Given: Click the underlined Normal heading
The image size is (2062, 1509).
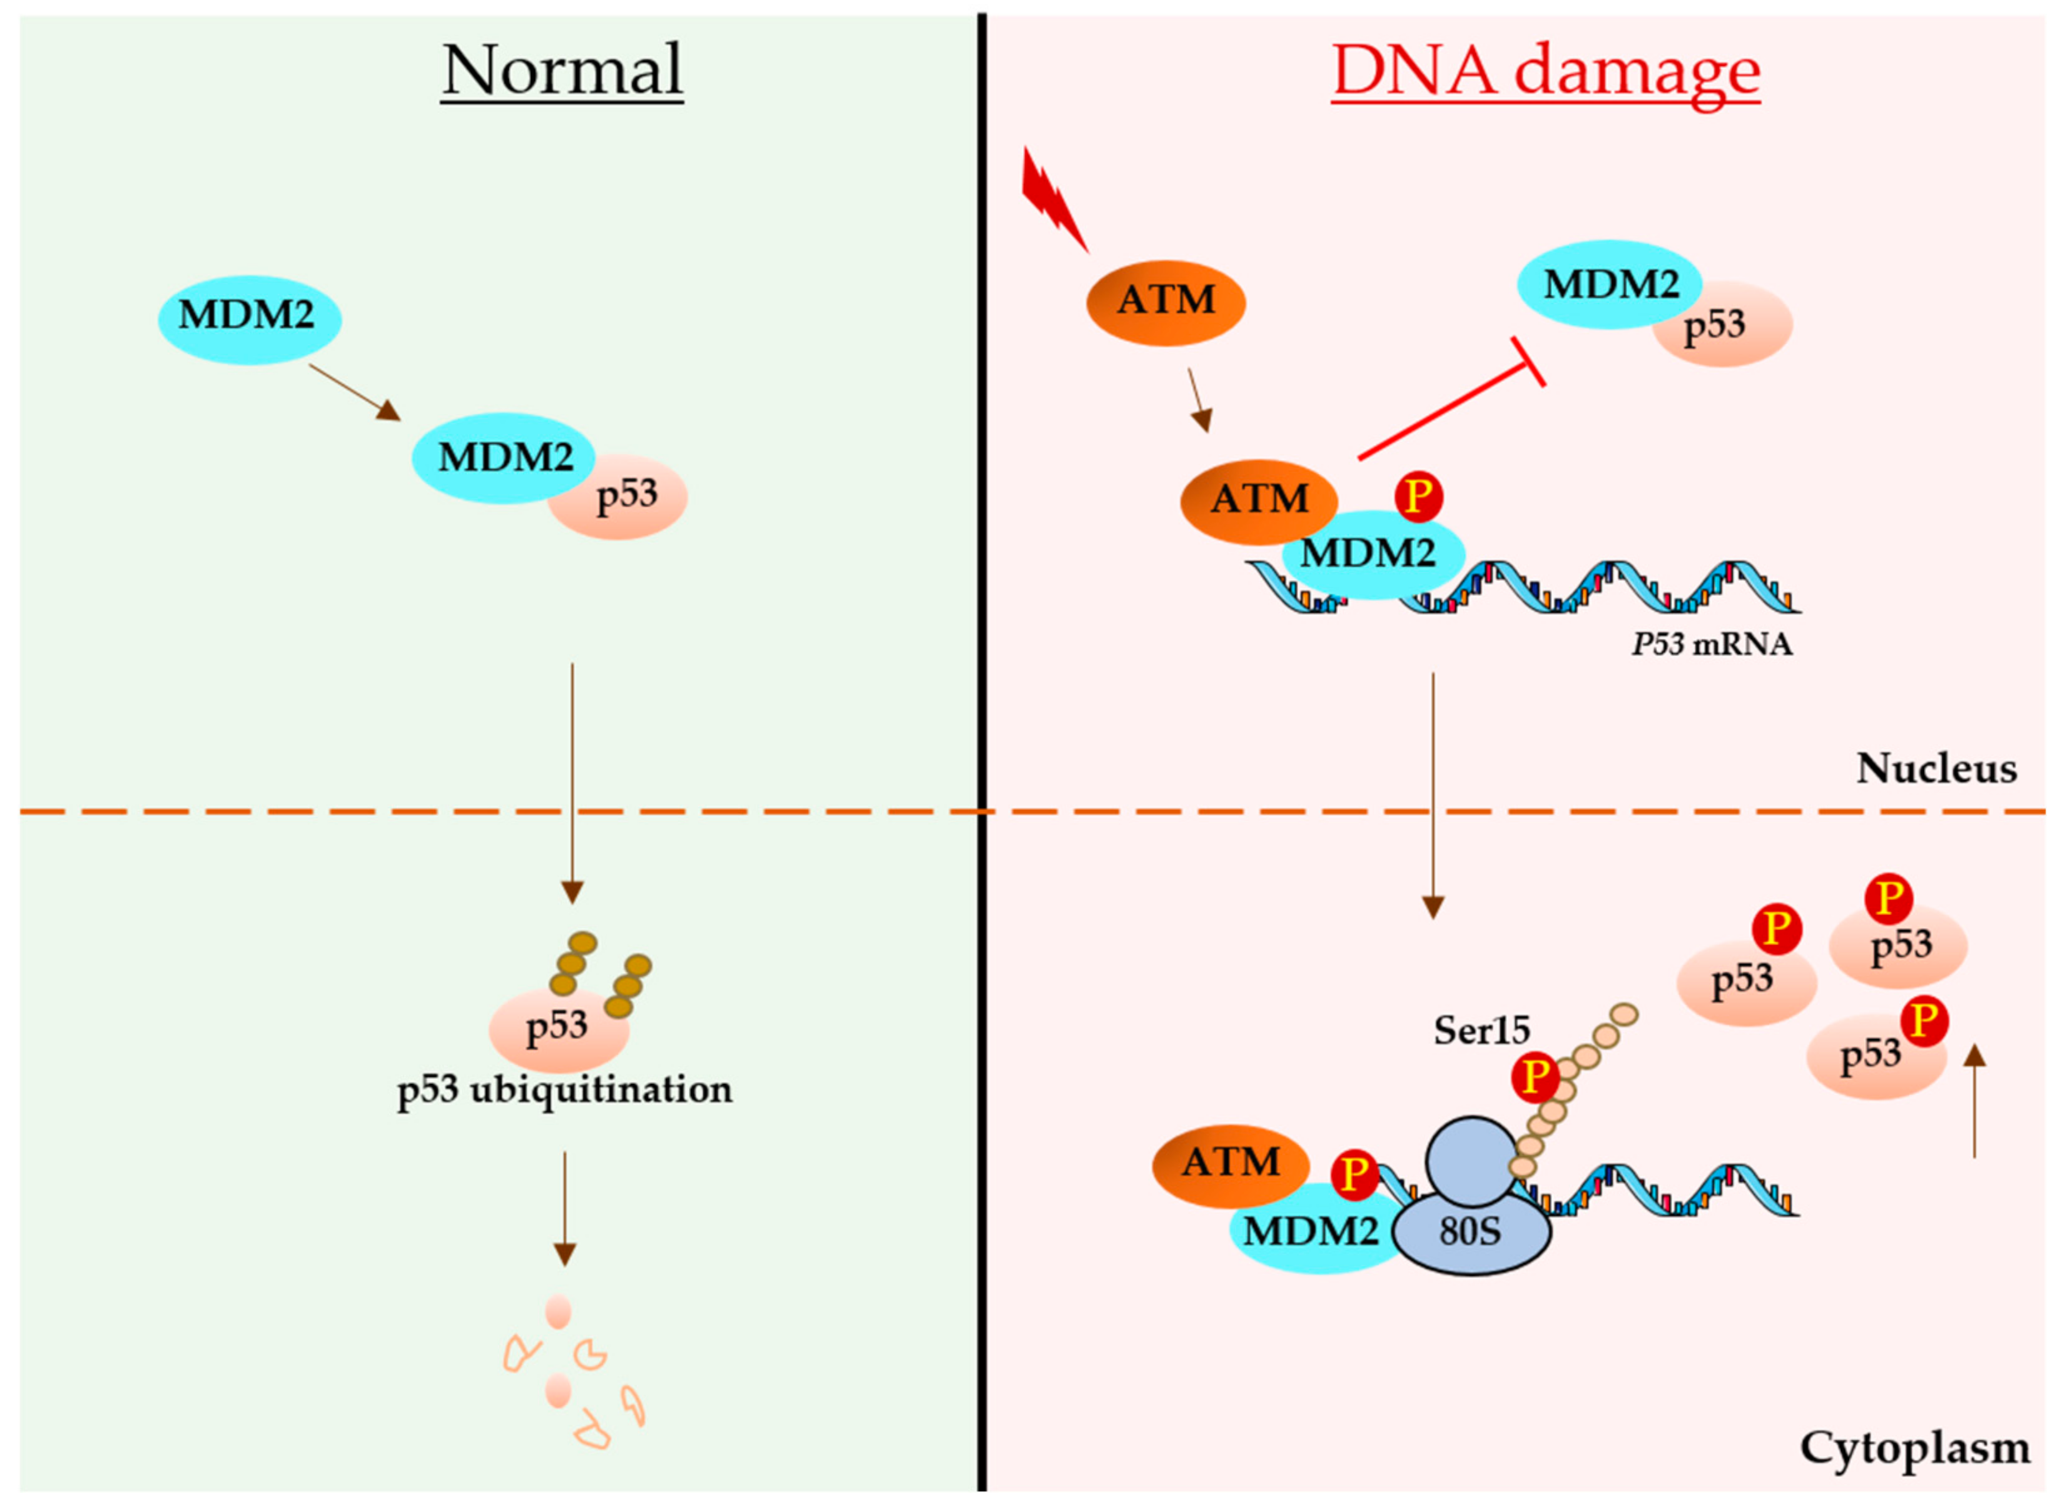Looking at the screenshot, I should tap(562, 71).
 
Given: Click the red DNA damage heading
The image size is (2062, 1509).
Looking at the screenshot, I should tap(1545, 71).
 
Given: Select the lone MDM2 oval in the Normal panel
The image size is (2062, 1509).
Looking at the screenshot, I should tap(248, 319).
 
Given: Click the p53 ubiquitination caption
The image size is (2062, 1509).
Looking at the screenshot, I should tap(564, 1090).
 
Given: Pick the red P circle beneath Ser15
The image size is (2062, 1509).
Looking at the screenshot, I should tap(1535, 1079).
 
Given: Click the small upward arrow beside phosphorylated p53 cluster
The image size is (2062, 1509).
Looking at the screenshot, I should tap(1974, 1100).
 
